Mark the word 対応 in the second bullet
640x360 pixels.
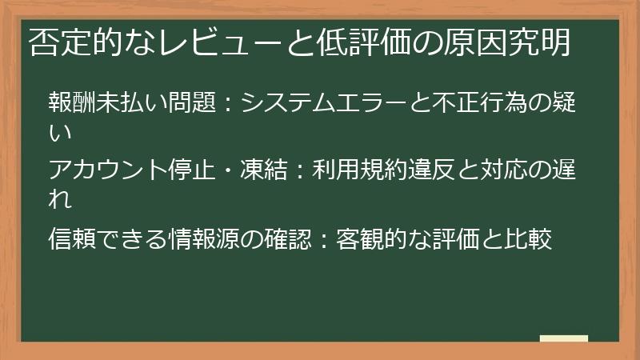514,171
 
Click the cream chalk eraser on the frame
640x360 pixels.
563,339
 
